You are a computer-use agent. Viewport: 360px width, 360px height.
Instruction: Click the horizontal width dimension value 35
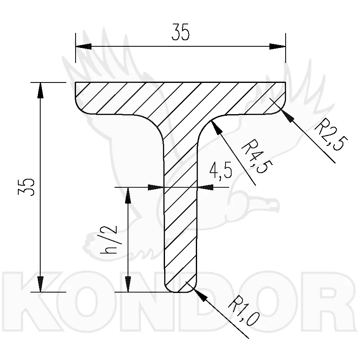tap(180, 32)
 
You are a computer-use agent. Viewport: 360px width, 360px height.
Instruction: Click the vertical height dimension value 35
tap(26, 187)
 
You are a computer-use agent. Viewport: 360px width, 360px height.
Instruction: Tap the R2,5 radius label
tap(331, 134)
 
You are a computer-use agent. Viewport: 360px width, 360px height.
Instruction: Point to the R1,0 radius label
tap(244, 311)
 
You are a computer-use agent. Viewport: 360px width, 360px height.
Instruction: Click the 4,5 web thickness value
tap(221, 170)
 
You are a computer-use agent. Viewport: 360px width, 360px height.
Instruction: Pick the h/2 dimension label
tap(108, 240)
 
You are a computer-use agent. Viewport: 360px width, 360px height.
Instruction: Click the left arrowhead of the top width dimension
tap(84, 46)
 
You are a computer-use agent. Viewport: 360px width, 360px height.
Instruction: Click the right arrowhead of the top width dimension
tap(278, 46)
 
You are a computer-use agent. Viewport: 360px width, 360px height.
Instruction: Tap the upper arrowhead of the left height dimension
tap(40, 90)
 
